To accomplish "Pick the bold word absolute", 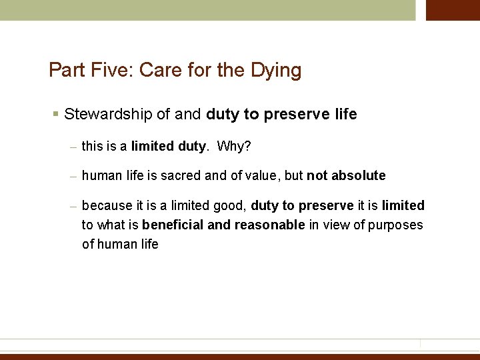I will click(x=359, y=176).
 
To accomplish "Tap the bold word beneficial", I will click(x=173, y=225).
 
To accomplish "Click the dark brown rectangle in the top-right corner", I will click(x=453, y=10).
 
